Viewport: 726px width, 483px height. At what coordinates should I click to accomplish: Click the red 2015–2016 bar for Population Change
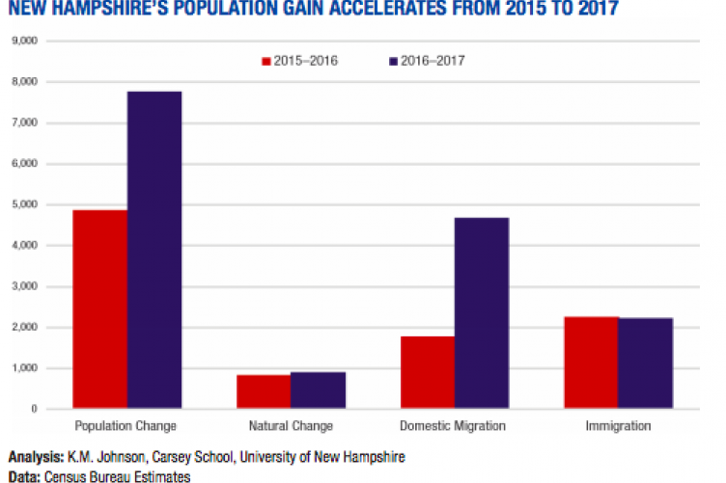pyautogui.click(x=99, y=309)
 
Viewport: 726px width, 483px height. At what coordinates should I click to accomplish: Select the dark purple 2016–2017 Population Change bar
pyautogui.click(x=154, y=251)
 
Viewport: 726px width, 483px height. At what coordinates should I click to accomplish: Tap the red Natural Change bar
pyautogui.click(x=263, y=391)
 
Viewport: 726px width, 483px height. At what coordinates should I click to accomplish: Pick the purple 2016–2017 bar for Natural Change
pyautogui.click(x=318, y=390)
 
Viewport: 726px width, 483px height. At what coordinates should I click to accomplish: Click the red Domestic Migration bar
pyautogui.click(x=427, y=372)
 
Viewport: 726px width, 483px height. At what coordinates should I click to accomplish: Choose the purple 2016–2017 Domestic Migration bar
pyautogui.click(x=482, y=313)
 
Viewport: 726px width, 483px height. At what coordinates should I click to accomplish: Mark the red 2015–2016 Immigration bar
pyautogui.click(x=591, y=362)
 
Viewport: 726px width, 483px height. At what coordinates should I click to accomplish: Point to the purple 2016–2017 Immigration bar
pyautogui.click(x=646, y=363)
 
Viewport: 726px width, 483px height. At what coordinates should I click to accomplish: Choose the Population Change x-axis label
pyautogui.click(x=126, y=425)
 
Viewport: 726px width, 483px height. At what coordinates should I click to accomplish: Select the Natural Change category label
pyautogui.click(x=290, y=425)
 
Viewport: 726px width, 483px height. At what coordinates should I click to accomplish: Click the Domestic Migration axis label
pyautogui.click(x=454, y=425)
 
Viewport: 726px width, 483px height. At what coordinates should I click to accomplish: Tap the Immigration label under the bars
pyautogui.click(x=618, y=425)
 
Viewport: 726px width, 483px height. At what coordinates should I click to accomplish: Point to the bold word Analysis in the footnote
pyautogui.click(x=31, y=456)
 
